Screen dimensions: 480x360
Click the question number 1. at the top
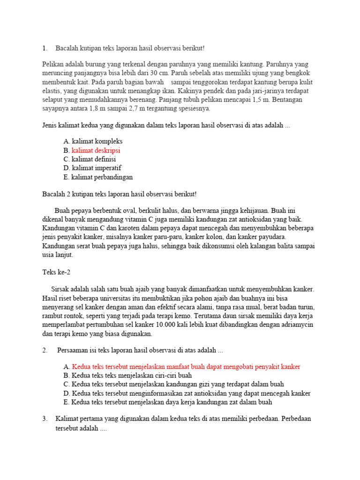(x=45, y=48)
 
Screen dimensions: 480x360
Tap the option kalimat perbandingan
(x=102, y=177)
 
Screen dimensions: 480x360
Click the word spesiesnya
(x=192, y=109)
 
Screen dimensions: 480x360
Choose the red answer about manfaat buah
(x=186, y=367)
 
